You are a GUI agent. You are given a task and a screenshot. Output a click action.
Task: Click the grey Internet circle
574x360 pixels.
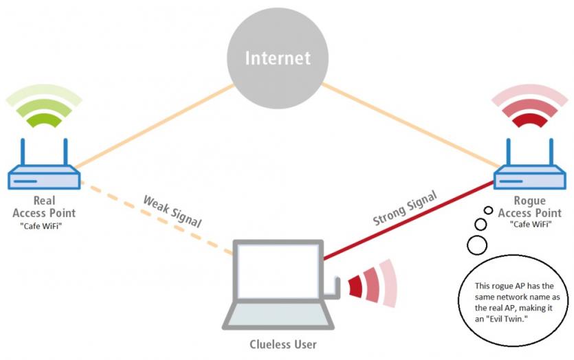(278, 58)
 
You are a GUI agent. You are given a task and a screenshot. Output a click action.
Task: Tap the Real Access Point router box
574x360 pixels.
(44, 177)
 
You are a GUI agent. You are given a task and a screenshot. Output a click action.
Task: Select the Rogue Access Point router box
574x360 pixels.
(530, 177)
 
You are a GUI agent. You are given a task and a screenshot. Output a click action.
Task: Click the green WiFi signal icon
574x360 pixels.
(44, 106)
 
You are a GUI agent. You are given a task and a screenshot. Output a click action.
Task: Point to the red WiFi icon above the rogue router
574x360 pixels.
(530, 106)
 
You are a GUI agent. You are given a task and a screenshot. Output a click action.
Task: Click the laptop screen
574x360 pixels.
(278, 271)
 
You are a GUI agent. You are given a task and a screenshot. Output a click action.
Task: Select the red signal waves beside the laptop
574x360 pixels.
(372, 284)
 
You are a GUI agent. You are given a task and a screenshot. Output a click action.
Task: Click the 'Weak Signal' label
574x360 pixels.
(172, 212)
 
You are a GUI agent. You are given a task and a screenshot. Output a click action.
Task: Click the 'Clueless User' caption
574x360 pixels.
(283, 344)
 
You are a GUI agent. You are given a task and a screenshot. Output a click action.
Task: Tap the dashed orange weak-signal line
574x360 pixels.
(157, 218)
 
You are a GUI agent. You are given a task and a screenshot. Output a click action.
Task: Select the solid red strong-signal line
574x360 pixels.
(408, 221)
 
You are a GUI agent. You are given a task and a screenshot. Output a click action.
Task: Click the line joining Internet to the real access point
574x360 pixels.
(155, 126)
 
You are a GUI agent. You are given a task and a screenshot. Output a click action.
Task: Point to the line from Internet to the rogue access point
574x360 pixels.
(410, 126)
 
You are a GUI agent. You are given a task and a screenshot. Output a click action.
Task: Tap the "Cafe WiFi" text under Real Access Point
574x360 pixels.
(41, 226)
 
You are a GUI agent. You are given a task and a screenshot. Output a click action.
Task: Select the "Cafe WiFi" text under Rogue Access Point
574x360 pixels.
(531, 224)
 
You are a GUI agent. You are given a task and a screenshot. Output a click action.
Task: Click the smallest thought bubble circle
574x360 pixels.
(488, 210)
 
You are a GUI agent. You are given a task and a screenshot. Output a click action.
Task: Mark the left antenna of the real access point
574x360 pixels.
(23, 152)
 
